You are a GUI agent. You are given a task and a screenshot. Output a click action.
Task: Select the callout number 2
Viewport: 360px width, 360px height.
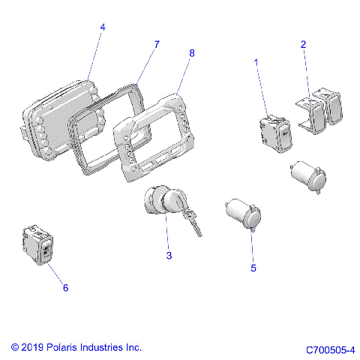(x=304, y=44)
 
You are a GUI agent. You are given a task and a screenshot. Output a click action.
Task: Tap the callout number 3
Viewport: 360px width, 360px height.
(x=169, y=256)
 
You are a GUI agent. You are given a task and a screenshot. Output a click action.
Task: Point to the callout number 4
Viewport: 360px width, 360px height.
(x=103, y=27)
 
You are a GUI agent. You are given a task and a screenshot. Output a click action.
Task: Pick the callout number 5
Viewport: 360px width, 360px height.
(x=253, y=268)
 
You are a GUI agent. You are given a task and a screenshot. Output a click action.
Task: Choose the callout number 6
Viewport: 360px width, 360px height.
(x=64, y=288)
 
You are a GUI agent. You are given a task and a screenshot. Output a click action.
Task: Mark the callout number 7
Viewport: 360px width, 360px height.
(x=157, y=44)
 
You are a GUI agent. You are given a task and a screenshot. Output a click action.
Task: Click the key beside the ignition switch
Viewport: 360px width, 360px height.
(x=193, y=222)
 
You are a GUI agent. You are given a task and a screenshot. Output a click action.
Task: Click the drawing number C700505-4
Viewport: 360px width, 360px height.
(x=330, y=349)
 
